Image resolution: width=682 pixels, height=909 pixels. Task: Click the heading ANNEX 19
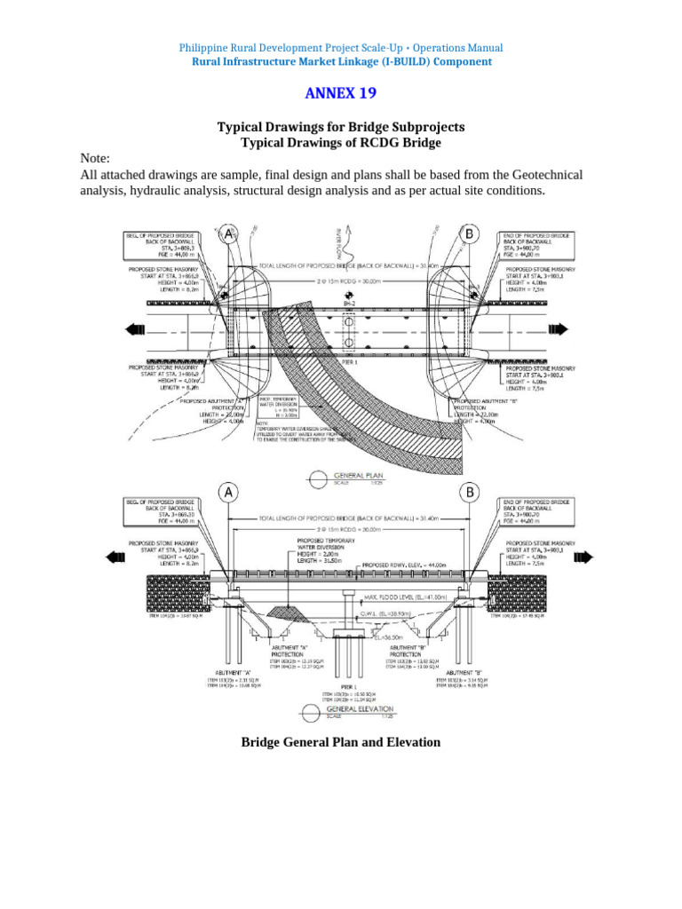341,93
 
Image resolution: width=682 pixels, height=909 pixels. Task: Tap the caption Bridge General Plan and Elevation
341,741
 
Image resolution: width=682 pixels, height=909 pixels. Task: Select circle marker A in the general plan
229,234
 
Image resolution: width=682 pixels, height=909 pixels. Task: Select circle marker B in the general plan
467,234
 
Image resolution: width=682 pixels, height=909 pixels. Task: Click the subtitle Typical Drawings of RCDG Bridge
341,143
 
